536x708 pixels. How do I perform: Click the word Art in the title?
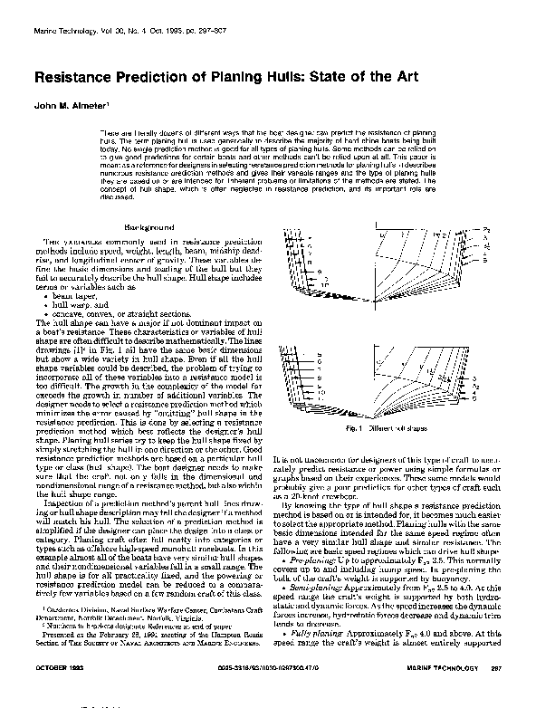[x=405, y=79]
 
